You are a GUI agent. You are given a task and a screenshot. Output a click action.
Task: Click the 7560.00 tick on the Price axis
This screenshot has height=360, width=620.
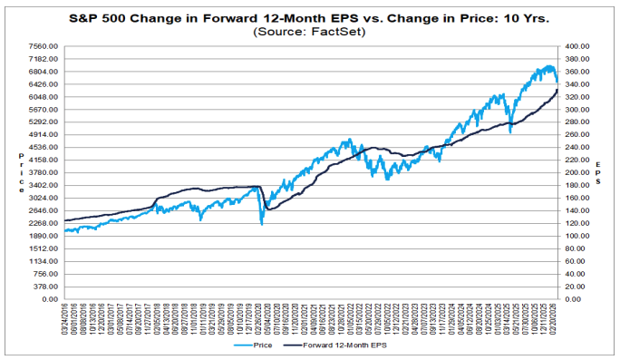44,46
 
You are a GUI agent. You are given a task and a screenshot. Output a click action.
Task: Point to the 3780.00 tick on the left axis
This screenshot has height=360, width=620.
44,172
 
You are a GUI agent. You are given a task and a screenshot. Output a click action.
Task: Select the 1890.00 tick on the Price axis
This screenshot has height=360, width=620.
44,236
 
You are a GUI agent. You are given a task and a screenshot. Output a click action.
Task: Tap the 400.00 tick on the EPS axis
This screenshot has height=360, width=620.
577,46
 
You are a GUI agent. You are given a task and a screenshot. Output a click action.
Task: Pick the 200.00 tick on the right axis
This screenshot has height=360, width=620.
577,172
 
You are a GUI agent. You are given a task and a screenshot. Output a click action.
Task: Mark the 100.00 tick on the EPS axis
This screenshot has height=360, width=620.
577,236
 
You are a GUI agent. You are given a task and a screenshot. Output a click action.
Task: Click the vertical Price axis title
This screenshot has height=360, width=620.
21,172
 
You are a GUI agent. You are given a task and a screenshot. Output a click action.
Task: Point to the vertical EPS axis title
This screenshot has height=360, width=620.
598,171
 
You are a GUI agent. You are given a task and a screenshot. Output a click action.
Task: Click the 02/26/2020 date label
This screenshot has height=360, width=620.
260,318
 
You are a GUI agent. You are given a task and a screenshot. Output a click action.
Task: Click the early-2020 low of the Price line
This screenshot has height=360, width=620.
262,224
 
